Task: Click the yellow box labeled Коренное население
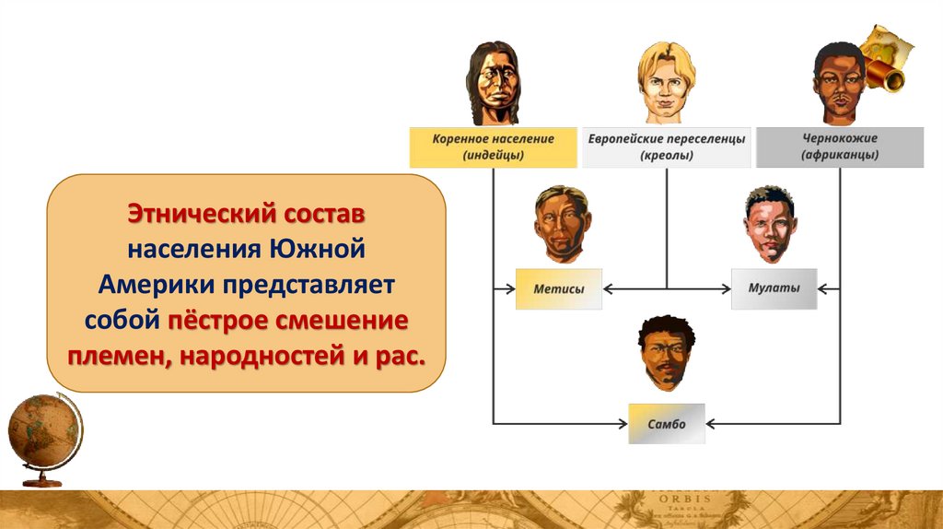(x=493, y=147)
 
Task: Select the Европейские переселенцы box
(x=666, y=147)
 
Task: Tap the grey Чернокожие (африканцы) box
(x=839, y=147)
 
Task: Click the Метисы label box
(x=559, y=288)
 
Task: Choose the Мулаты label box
(x=774, y=288)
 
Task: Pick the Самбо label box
(x=666, y=424)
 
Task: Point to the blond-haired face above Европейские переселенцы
(x=665, y=83)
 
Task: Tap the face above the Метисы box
(x=561, y=223)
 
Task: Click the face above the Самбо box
(x=666, y=353)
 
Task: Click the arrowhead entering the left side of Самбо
(x=623, y=424)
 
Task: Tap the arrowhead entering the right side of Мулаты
(x=822, y=289)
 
